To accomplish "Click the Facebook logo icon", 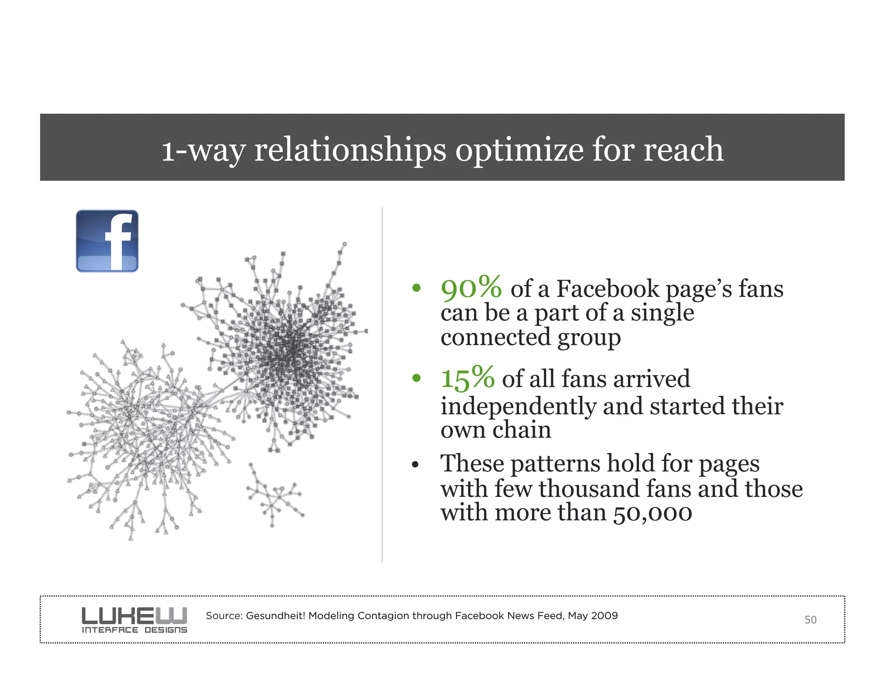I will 107,241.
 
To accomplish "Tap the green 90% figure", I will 471,288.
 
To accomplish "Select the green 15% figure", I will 468,378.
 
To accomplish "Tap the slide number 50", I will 810,620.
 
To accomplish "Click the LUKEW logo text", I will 134,615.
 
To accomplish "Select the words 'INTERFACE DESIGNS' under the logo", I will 134,630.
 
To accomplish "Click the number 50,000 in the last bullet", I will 653,513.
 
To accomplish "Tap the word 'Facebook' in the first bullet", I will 609,289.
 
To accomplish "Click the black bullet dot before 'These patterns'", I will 416,465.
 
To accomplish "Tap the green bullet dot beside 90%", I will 416,288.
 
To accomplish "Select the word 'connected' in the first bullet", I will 495,337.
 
